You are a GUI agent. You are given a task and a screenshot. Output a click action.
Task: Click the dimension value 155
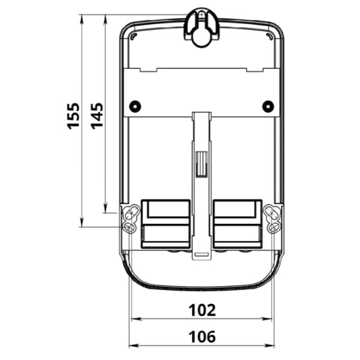[x=73, y=115]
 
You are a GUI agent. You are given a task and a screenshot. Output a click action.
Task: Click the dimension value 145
[x=97, y=115]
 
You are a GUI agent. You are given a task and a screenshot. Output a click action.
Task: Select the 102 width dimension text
[x=202, y=310]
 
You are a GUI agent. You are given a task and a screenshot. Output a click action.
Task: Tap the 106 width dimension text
[x=202, y=337]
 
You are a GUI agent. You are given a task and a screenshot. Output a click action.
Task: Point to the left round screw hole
[x=134, y=106]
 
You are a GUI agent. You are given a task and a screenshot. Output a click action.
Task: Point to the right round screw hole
[x=268, y=106]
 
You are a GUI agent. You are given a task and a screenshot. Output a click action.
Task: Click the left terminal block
[x=166, y=223]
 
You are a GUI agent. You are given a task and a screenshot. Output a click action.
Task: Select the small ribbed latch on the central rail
[x=201, y=163]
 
